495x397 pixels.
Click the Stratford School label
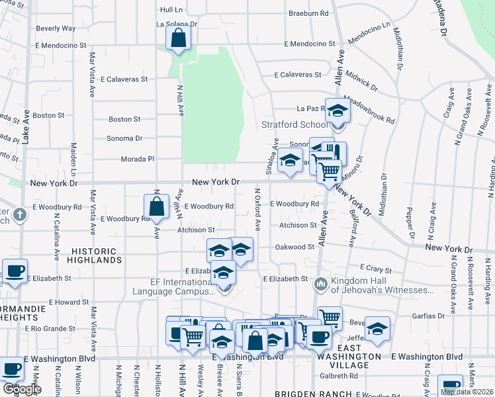(294, 124)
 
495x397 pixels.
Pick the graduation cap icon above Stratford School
(337, 110)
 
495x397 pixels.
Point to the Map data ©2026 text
(467, 392)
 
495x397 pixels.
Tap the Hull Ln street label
(171, 10)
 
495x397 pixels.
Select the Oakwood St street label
(294, 247)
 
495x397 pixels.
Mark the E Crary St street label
(376, 270)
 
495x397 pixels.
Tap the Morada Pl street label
(138, 159)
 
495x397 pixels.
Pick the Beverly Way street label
(56, 28)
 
